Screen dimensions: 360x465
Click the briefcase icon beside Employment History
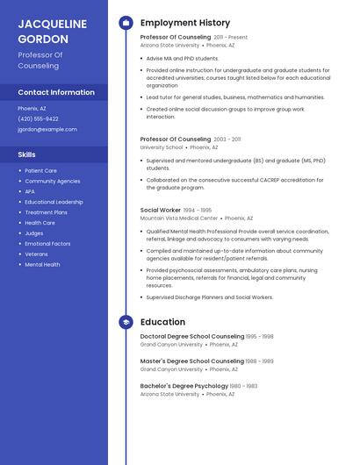[x=126, y=23]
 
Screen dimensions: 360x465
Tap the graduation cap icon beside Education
[x=126, y=322]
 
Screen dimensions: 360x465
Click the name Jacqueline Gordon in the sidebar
[x=53, y=32]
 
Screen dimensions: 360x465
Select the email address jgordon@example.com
[x=47, y=129]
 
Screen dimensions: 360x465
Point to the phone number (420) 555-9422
[x=38, y=118]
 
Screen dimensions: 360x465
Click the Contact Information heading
[x=56, y=92]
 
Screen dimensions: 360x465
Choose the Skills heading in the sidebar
[x=27, y=154]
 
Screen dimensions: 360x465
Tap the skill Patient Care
[x=40, y=171]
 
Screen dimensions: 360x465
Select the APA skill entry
[x=30, y=191]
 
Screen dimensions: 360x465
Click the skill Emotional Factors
[x=47, y=244]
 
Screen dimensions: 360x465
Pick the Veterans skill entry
[x=36, y=254]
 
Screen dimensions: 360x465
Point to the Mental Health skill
[x=42, y=264]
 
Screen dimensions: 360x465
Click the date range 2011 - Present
[x=231, y=38]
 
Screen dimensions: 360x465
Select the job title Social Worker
[x=160, y=211]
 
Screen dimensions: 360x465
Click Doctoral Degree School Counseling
[x=192, y=336]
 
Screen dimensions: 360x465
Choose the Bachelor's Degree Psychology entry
[x=184, y=386]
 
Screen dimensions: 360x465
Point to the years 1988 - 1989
[x=260, y=361]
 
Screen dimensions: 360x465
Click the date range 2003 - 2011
[x=227, y=139]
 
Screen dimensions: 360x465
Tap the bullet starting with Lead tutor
[x=235, y=97]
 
